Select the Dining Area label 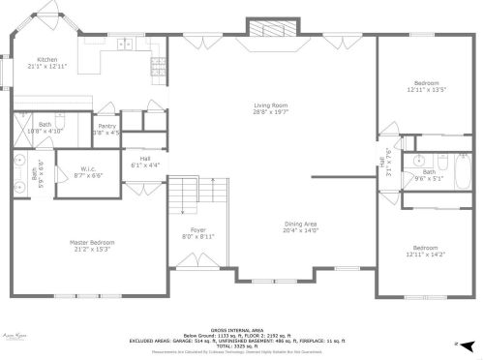tap(300, 227)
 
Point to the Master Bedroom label tap(92, 246)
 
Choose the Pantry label tap(106, 129)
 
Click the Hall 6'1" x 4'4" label tap(144, 162)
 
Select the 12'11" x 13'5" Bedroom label tap(427, 86)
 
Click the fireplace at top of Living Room tap(273, 29)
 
